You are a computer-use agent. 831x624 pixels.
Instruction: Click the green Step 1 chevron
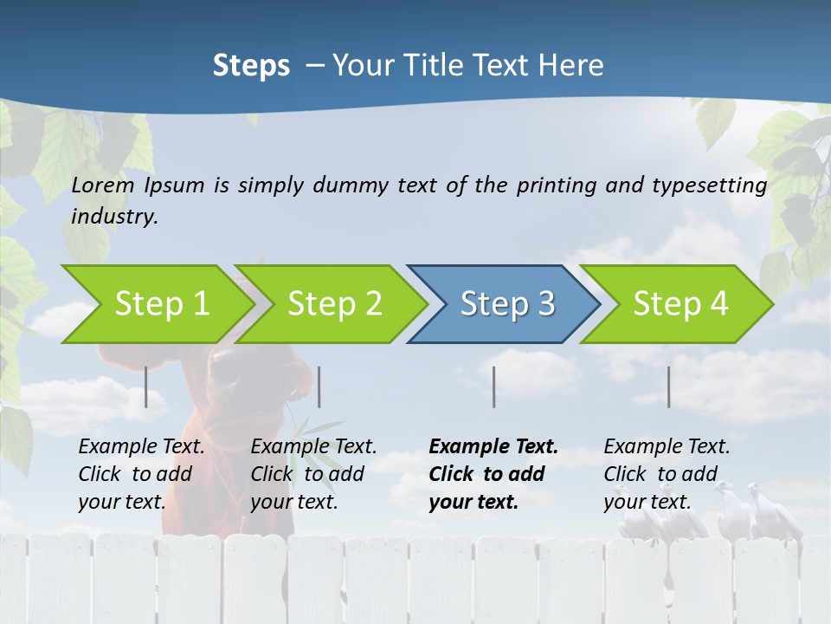coord(156,303)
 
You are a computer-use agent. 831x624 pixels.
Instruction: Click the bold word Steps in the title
coord(251,65)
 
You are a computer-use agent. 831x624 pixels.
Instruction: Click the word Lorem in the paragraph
coord(103,185)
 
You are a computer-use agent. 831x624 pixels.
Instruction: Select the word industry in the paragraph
coord(113,217)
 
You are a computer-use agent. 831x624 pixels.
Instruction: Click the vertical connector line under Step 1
coord(146,387)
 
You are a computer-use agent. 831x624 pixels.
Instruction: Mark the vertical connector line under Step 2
coord(319,387)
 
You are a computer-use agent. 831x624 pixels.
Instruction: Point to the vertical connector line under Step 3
coord(493,387)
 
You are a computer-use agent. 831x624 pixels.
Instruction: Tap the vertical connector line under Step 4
coord(668,387)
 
